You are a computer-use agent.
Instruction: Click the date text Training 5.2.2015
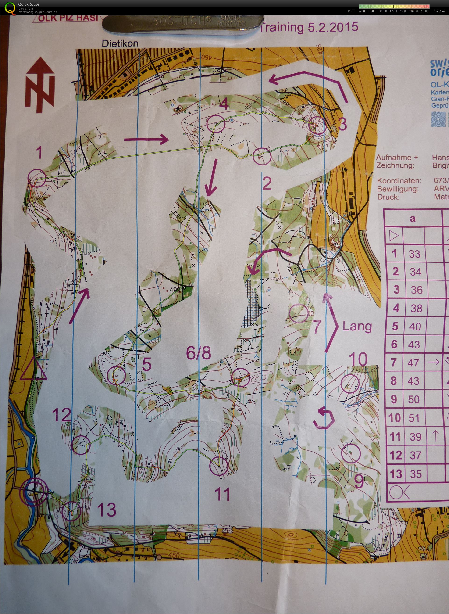(309, 28)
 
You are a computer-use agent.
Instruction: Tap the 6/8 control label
(198, 353)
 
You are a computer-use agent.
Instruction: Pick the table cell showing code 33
(414, 254)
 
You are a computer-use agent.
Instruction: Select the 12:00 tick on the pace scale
(393, 11)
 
